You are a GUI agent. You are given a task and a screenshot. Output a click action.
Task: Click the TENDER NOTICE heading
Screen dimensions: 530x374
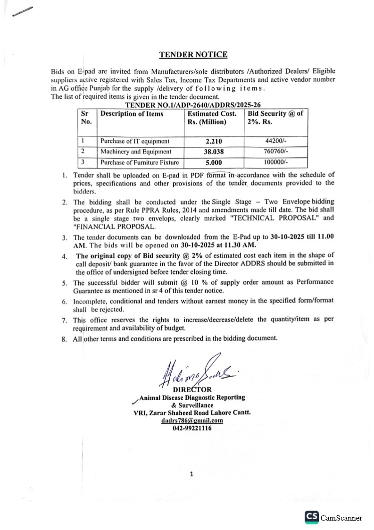click(193, 55)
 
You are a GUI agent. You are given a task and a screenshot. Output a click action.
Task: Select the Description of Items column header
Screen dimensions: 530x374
click(132, 114)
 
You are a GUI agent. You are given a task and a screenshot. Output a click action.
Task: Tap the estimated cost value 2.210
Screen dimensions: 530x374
click(213, 141)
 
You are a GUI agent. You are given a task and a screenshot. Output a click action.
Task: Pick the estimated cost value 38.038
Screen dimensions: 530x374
click(214, 152)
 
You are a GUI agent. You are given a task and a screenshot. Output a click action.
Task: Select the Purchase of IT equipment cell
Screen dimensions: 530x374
click(135, 141)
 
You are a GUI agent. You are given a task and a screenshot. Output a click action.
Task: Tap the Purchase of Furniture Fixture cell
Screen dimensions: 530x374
click(140, 163)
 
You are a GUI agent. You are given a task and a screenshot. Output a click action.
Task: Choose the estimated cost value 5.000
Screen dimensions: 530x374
click(214, 163)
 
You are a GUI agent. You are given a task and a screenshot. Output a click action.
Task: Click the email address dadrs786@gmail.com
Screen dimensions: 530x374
click(191, 421)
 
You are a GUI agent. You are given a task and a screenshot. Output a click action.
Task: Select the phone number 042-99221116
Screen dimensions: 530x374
click(191, 428)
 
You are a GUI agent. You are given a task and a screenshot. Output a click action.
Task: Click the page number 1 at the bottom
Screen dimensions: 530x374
click(191, 475)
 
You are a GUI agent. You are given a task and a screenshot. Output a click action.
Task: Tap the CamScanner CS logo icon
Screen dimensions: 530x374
click(311, 517)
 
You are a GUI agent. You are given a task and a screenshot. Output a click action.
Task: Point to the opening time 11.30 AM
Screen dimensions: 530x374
click(240, 245)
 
